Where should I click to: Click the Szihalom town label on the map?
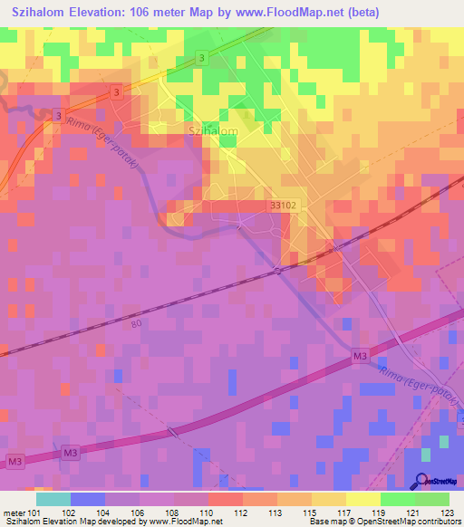pyautogui.click(x=212, y=131)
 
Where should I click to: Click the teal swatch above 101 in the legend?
pyautogui.click(x=53, y=499)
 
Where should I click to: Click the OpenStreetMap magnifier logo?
pyautogui.click(x=421, y=482)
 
